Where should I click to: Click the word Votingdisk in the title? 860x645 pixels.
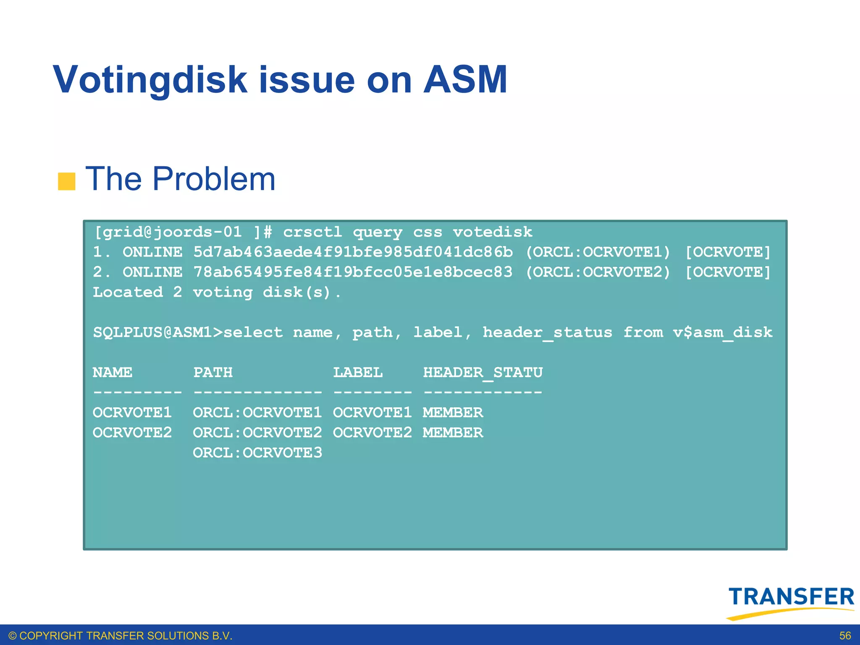(150, 80)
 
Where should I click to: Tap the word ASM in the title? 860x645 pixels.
(465, 80)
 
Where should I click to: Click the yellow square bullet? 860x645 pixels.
(66, 181)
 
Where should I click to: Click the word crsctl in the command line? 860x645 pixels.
(312, 232)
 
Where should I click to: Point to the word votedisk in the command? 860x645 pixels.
(492, 232)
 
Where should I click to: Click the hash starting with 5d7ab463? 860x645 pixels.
(353, 252)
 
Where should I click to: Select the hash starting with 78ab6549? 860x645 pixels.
(353, 272)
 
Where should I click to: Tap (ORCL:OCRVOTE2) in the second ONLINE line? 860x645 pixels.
(598, 272)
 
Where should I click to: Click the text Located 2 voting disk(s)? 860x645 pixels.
(217, 292)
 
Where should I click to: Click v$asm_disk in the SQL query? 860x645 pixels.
(722, 333)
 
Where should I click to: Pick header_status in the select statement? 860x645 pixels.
(547, 333)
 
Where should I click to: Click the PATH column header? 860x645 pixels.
(212, 372)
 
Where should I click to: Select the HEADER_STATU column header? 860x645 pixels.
(482, 372)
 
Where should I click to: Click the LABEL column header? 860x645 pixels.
(358, 372)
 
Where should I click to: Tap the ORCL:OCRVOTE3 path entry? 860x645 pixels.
(257, 453)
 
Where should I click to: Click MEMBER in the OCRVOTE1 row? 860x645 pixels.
(453, 412)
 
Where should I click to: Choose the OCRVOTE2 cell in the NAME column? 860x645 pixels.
(132, 433)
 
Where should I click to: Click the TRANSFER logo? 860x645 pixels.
(791, 600)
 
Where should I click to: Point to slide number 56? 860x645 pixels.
(845, 636)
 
